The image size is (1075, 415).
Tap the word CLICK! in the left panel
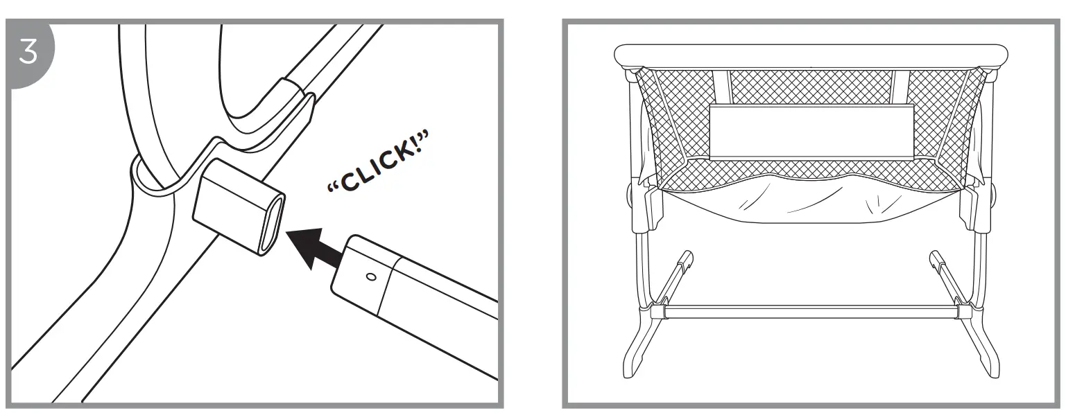pyautogui.click(x=377, y=166)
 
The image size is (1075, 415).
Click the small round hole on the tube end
pyautogui.click(x=370, y=277)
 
